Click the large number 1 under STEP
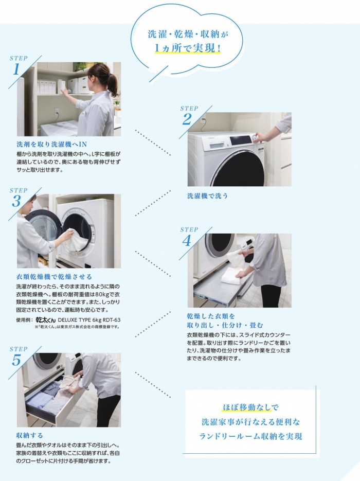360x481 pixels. tap(16, 69)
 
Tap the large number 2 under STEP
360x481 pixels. tap(187, 119)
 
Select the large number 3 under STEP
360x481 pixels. tap(16, 201)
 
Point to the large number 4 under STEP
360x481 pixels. tap(187, 241)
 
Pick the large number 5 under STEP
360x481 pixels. tap(16, 360)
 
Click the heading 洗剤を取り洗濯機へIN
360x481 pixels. tap(52, 144)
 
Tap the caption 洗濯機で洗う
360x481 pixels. tap(208, 195)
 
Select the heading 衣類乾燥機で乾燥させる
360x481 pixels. tap(54, 277)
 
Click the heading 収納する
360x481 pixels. tap(29, 435)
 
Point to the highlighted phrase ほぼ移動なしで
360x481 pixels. tap(250, 407)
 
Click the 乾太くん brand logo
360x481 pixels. tap(46, 319)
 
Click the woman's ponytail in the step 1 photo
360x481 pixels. tap(112, 84)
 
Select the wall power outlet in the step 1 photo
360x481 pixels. tap(57, 112)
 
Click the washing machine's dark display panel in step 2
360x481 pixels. tap(241, 140)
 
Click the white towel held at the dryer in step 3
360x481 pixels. tap(74, 240)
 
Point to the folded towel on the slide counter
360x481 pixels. tap(232, 275)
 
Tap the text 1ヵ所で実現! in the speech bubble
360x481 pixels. tap(188, 48)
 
